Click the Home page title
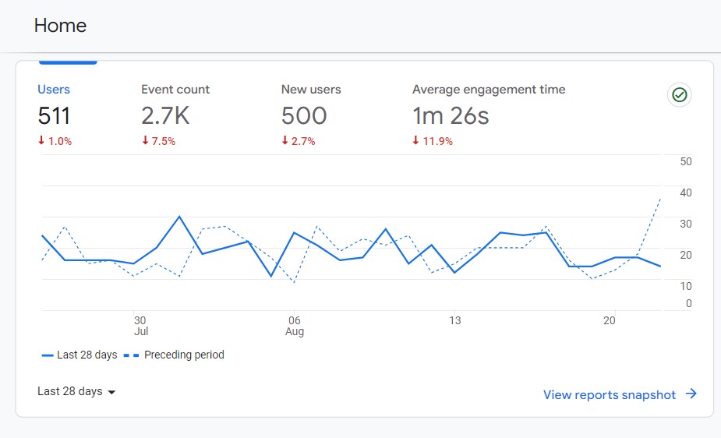tap(60, 26)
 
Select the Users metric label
tap(54, 90)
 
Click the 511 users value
tap(55, 116)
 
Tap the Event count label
tap(175, 90)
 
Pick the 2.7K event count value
tap(165, 116)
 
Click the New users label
tap(311, 90)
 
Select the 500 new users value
tap(304, 116)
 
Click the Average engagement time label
tap(489, 90)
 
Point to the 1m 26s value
tap(451, 116)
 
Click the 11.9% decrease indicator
tap(433, 141)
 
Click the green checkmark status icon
tap(680, 95)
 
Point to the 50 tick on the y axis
tap(686, 161)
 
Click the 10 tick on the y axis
tap(686, 286)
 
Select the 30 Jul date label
tap(140, 326)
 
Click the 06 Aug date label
tap(294, 326)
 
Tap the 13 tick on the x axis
tap(455, 320)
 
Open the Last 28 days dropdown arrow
tap(111, 392)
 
